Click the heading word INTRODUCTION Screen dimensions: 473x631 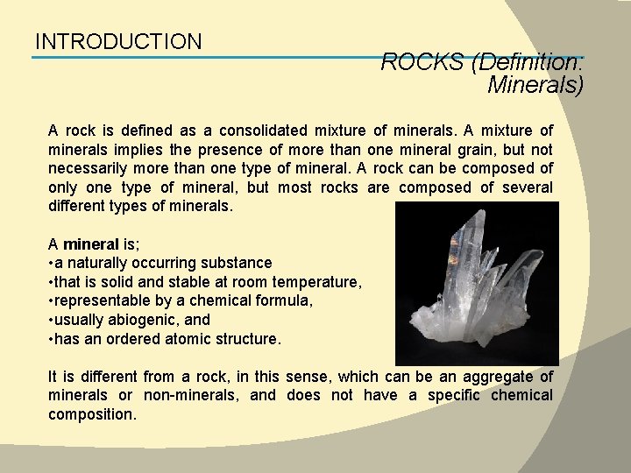(118, 41)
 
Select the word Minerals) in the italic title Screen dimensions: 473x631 (535, 84)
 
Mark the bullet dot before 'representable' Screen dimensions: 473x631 (50, 301)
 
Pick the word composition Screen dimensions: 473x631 (92, 414)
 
